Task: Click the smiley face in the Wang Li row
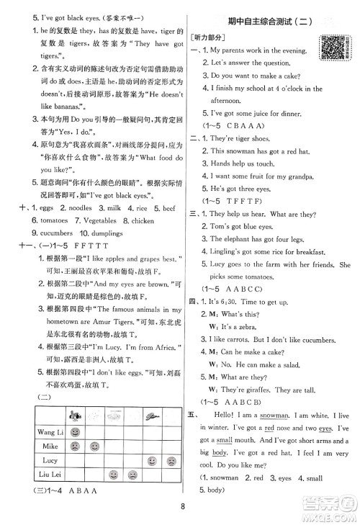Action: coord(74,431)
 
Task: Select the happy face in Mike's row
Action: coord(94,447)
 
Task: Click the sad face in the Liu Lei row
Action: coord(132,475)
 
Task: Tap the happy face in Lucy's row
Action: coord(152,461)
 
